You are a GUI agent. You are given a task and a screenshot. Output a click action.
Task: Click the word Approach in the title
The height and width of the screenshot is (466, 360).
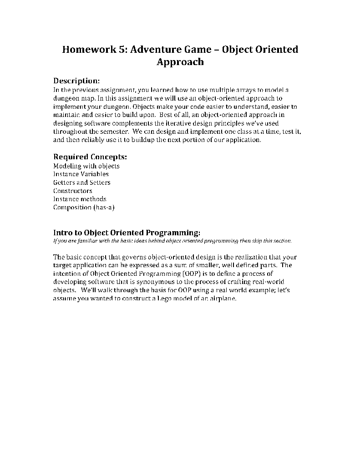[180, 62]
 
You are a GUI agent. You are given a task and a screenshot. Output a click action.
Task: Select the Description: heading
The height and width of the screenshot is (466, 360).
[76, 81]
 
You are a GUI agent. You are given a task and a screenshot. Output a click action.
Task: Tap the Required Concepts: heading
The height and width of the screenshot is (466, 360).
[90, 157]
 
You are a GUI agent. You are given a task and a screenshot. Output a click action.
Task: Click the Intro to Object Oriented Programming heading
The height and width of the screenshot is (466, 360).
[127, 232]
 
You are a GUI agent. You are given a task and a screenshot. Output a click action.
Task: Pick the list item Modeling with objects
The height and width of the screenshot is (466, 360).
[86, 166]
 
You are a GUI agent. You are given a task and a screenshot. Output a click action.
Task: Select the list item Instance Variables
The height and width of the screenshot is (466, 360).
[81, 174]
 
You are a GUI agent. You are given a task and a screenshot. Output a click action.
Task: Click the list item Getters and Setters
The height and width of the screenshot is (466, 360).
[82, 182]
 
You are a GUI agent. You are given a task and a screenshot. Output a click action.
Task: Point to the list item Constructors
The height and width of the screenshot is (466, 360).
[73, 191]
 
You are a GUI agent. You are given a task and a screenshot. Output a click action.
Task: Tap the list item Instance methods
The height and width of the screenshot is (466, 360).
[80, 199]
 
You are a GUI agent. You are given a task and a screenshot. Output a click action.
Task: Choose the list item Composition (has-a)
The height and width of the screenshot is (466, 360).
[84, 208]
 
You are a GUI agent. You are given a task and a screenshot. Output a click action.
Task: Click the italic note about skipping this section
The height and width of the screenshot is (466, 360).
[172, 241]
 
